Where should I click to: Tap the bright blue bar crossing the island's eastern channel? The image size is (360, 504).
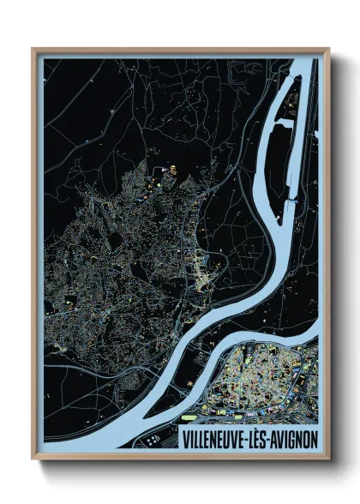296,201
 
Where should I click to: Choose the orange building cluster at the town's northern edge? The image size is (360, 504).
168,171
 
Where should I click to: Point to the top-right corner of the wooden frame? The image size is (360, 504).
329,50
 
